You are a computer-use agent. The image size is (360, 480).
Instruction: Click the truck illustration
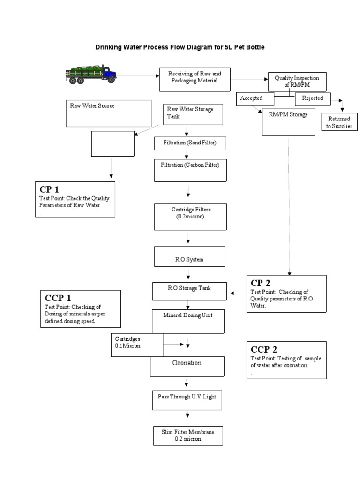91,74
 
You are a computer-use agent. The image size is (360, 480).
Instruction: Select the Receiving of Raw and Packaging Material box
195,80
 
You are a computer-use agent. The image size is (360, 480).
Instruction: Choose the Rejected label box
312,99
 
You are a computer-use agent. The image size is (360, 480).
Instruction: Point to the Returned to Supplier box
338,122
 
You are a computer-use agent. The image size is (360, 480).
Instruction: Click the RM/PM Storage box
288,122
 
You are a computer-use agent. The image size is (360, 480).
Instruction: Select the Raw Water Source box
109,113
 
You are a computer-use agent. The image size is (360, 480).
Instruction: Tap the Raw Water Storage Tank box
192,113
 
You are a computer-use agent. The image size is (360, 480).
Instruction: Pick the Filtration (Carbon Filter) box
190,170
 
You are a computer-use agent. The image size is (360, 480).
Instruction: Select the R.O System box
189,257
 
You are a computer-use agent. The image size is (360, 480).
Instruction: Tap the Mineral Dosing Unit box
188,321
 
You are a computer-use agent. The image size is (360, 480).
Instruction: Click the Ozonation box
187,366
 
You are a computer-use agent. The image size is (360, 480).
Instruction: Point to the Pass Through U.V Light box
187,399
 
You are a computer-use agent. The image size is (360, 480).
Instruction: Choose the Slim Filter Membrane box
187,435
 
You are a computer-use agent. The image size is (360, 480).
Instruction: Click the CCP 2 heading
264,349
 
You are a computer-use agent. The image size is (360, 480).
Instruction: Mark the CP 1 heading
50,190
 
